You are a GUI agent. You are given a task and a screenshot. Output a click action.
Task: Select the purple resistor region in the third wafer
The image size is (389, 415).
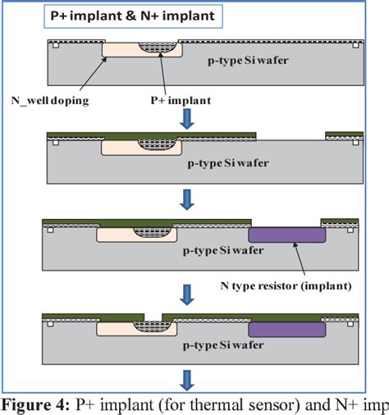click(288, 232)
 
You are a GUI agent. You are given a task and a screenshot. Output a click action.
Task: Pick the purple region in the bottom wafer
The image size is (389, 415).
click(288, 330)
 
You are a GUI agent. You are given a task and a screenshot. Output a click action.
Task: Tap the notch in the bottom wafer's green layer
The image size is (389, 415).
click(153, 317)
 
